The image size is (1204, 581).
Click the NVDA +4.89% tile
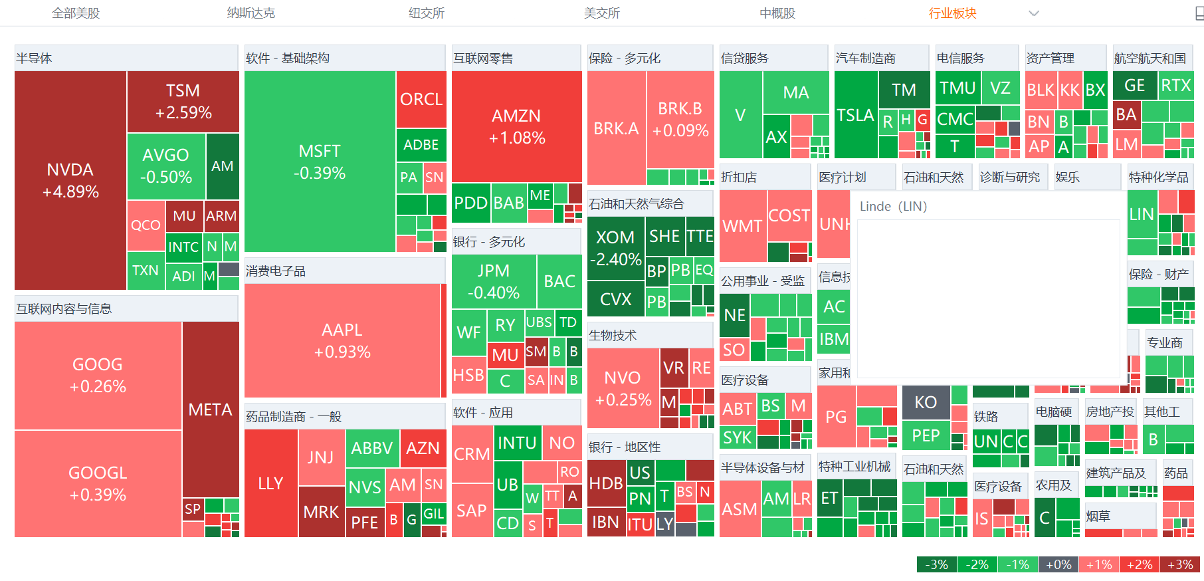tap(70, 180)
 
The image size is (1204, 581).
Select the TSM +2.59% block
tap(183, 101)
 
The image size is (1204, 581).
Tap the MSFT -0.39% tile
tap(320, 162)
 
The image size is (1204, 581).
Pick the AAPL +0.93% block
tap(342, 340)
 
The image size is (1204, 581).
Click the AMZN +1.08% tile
tap(516, 126)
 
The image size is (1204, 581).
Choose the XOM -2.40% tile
tap(616, 248)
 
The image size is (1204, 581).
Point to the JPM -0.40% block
tap(494, 281)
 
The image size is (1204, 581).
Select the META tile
tap(210, 409)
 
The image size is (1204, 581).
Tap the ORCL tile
tap(421, 99)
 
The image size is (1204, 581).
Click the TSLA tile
tap(855, 115)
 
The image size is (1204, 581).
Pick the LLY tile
tap(270, 483)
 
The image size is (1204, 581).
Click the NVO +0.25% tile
tap(623, 388)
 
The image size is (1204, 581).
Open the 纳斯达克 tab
tap(251, 13)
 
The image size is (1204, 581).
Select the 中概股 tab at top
tap(777, 13)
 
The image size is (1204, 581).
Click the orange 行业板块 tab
tap(952, 13)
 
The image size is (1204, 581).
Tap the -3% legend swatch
tap(937, 564)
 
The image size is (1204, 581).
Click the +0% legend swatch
tap(1058, 564)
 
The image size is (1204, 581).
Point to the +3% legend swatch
tap(1180, 564)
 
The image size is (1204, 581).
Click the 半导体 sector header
tap(35, 58)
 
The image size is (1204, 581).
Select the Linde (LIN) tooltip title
tap(893, 206)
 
